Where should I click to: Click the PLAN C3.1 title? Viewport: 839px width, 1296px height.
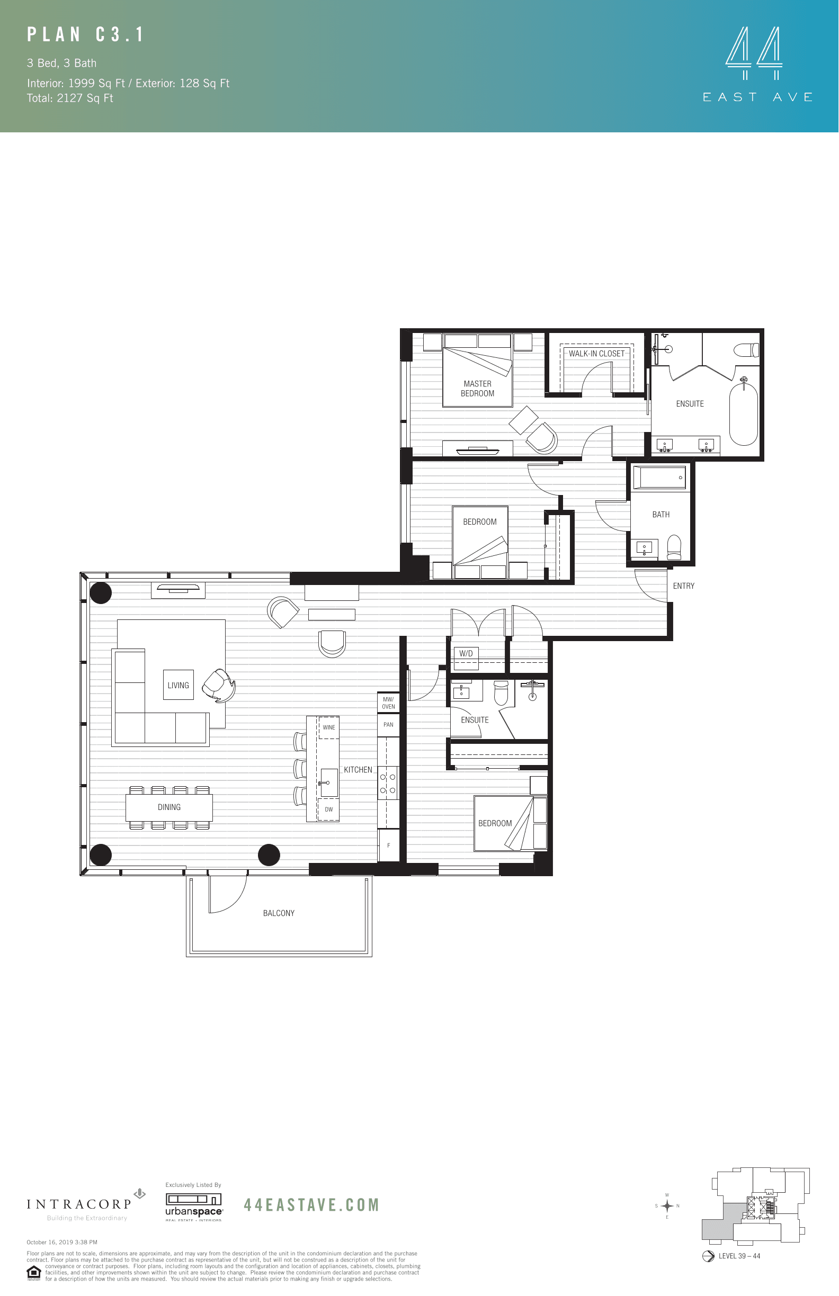click(86, 35)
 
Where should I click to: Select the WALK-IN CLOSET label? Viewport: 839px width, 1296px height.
click(596, 354)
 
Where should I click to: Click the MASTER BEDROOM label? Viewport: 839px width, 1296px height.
click(477, 389)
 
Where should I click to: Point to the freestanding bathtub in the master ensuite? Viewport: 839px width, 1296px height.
click(744, 414)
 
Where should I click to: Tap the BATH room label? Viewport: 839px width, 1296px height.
click(661, 515)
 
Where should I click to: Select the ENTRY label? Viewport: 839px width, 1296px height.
click(683, 586)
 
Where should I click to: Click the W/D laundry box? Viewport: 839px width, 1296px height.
click(466, 654)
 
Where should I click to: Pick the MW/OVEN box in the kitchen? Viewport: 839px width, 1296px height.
click(388, 703)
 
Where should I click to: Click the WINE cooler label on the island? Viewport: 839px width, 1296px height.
click(329, 727)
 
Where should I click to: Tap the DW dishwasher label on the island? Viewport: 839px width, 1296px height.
click(328, 809)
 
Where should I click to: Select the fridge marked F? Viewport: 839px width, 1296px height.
click(388, 845)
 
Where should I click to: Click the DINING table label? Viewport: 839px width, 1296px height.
click(169, 807)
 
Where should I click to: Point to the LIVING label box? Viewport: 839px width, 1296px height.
click(178, 686)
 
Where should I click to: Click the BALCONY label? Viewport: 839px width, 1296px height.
click(279, 913)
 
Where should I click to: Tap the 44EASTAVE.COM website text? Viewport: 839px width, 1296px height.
click(311, 1205)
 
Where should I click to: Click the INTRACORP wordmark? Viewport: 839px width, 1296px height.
click(79, 1204)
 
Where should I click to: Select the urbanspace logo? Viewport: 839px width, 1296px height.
click(194, 1207)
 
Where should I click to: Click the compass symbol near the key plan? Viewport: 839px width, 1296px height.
click(667, 1205)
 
